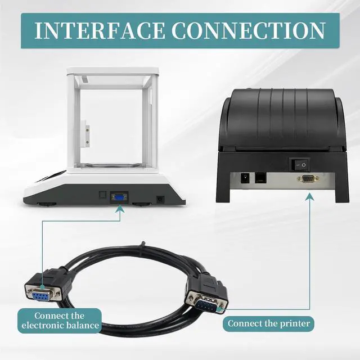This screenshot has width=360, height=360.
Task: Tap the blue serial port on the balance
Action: [119, 197]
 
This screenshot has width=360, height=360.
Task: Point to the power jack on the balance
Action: [160, 199]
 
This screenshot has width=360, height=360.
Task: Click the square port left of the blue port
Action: [102, 196]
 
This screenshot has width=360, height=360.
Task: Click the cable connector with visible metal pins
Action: [206, 299]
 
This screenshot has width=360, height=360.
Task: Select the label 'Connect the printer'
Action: [268, 324]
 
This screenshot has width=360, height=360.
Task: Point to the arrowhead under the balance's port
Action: [119, 209]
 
